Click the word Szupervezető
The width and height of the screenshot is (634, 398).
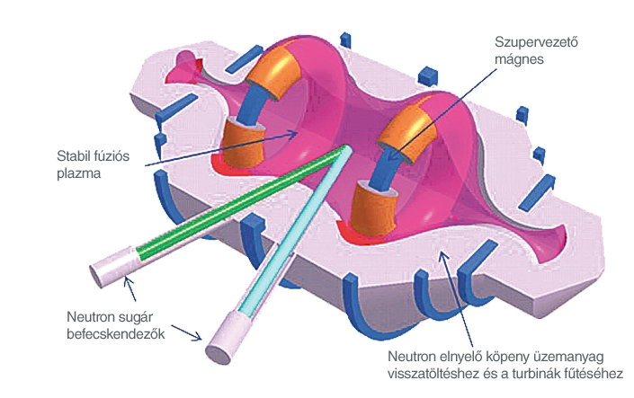536,42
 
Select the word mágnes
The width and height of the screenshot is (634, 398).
519,60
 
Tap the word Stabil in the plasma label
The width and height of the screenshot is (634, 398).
72,155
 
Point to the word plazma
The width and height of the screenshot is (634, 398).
79,173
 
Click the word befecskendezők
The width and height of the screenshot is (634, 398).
116,334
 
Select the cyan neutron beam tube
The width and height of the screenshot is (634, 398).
295,230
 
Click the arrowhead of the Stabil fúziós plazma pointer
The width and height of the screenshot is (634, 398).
293,133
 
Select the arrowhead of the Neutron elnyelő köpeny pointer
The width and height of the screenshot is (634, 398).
443,256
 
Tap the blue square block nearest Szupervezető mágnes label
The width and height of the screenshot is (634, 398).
428,76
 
